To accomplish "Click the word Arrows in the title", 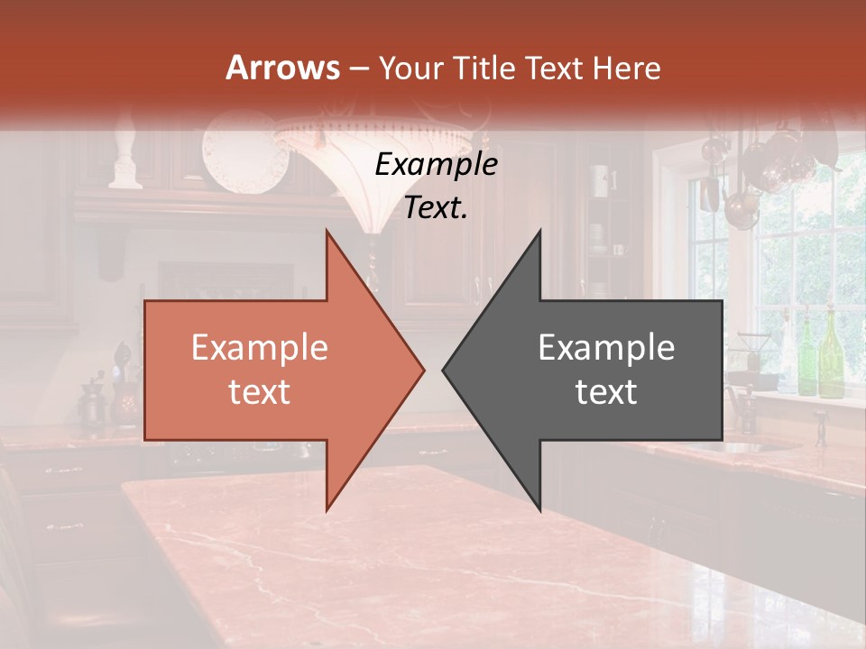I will (x=282, y=68).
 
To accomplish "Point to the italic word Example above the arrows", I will (x=436, y=165).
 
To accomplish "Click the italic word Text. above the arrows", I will (x=436, y=208).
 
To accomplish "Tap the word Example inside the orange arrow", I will (x=259, y=348).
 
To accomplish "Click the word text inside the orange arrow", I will (x=259, y=391).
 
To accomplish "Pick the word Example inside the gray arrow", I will (x=606, y=348).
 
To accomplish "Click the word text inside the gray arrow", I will (x=606, y=391).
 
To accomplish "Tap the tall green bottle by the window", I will (x=830, y=356).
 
